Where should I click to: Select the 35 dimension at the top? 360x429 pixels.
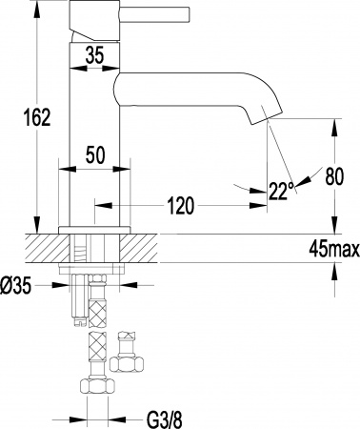click(93, 55)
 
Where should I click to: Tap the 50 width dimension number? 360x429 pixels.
click(93, 153)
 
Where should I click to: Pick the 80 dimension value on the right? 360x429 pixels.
click(333, 175)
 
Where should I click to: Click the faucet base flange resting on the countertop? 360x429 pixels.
click(93, 229)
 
